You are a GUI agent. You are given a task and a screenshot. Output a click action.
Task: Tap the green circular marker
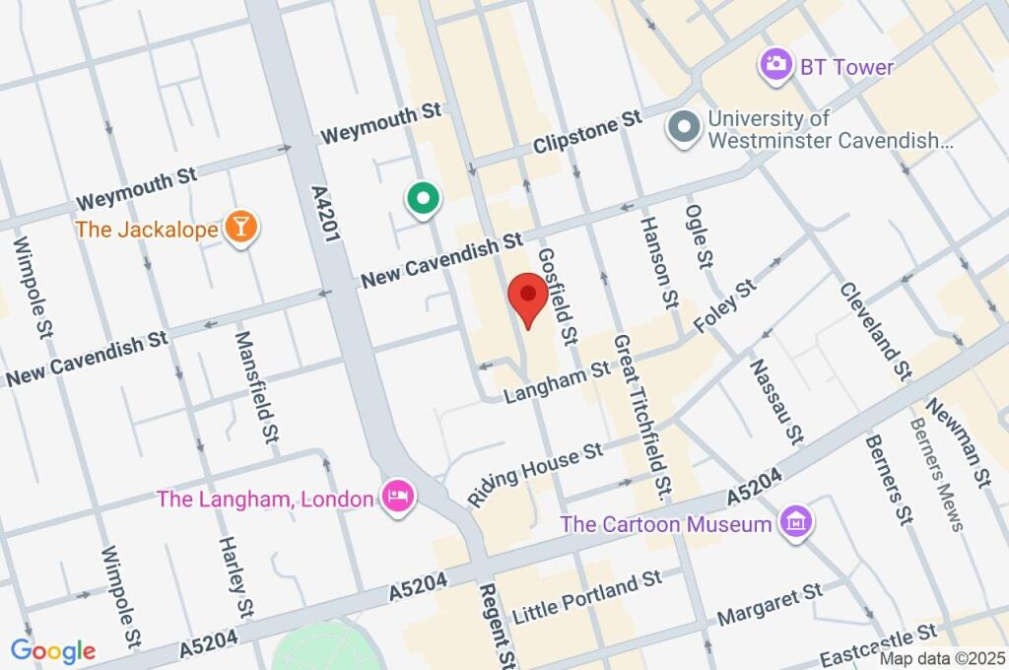[x=423, y=200]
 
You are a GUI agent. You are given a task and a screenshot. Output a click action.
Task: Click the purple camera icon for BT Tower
[x=775, y=66]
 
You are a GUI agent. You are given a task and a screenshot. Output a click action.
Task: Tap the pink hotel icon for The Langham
[x=398, y=496]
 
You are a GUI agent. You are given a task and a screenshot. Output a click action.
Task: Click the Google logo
[x=52, y=650]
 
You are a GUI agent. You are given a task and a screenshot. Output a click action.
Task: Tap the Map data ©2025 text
[x=942, y=658]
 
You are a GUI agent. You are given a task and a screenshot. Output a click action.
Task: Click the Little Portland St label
[x=588, y=597]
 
